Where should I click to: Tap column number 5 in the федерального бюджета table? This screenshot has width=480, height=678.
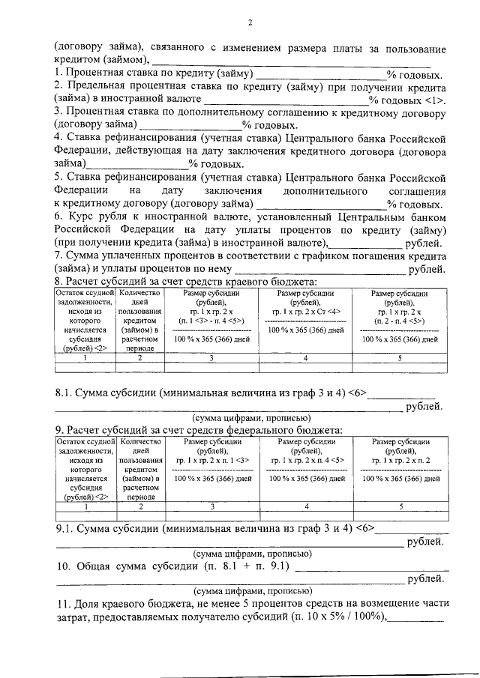(x=400, y=507)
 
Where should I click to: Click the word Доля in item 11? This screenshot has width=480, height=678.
(x=91, y=604)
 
